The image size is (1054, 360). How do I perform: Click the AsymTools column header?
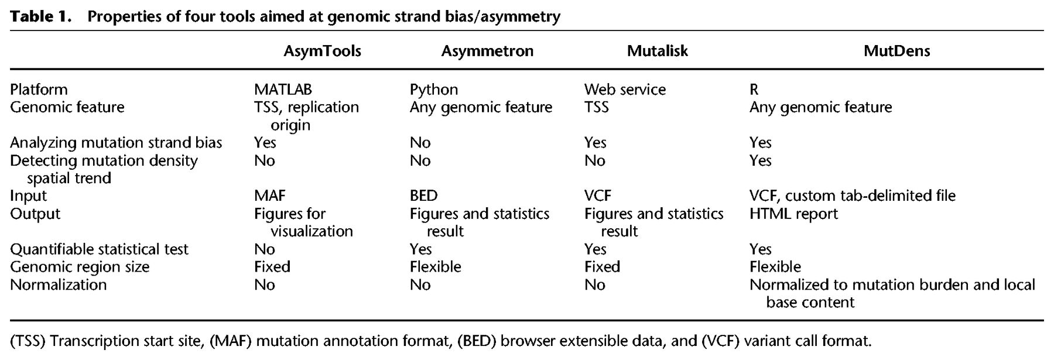tap(322, 52)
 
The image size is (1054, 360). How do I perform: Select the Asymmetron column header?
tap(487, 52)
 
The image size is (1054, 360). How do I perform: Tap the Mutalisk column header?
tap(657, 51)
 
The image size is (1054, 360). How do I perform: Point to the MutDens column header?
tap(896, 51)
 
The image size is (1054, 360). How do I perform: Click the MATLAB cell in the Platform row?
tap(283, 90)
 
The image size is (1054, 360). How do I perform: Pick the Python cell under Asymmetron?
tap(434, 90)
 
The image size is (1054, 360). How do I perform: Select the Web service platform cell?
tap(625, 90)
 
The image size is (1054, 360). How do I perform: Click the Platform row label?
tap(39, 90)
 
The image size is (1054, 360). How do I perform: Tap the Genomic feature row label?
tap(67, 107)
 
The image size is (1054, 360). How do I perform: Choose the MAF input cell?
tap(270, 196)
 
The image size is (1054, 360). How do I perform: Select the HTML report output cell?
tap(793, 214)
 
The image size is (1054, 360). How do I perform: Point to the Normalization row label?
tap(59, 284)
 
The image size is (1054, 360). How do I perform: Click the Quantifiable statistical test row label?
tap(99, 249)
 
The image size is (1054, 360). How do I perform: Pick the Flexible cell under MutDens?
tap(775, 267)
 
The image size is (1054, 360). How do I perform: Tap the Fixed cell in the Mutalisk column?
tap(602, 267)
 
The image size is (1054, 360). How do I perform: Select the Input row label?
tap(29, 196)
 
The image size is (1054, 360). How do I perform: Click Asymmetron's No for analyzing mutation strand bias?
tap(420, 143)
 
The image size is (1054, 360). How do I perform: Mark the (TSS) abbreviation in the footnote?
tap(28, 341)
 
